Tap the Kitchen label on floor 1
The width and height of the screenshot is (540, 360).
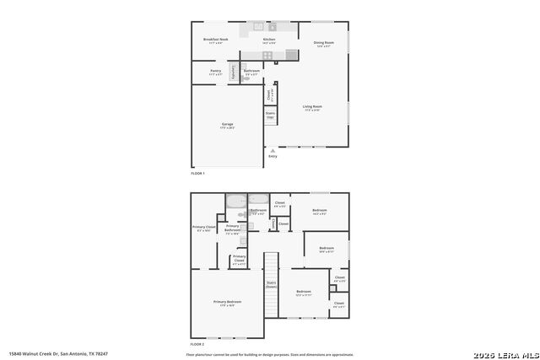coord(269,40)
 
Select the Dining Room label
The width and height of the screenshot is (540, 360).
coord(324,44)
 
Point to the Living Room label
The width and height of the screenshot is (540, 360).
coord(312,107)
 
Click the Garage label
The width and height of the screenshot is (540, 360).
coord(227,126)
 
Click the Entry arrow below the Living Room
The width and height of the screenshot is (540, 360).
coord(272,152)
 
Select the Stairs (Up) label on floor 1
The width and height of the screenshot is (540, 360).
coord(270,114)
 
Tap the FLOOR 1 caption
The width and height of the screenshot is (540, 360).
coord(197,173)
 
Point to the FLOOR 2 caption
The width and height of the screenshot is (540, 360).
coord(197,344)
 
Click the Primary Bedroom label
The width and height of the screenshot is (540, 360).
coord(227,303)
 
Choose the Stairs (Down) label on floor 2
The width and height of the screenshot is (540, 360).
coord(271,285)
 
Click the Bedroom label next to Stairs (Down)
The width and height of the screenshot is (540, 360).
coord(305,293)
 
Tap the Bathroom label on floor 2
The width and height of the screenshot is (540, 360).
coord(258,212)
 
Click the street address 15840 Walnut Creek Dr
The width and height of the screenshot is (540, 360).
coord(58,353)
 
